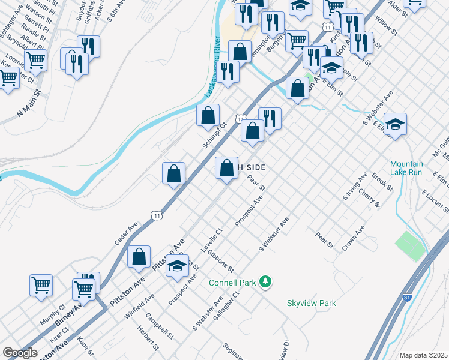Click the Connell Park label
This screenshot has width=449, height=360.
[232, 283]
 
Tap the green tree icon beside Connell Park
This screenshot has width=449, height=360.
[265, 281]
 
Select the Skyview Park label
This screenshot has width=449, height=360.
[311, 304]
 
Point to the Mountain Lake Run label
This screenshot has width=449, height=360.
[406, 168]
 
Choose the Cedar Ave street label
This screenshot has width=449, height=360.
[127, 233]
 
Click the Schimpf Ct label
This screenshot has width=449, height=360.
[214, 134]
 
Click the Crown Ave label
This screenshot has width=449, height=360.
[354, 238]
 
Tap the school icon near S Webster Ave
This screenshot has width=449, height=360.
[395, 124]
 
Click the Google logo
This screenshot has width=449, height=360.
[20, 353]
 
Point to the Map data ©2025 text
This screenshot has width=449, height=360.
[423, 355]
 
